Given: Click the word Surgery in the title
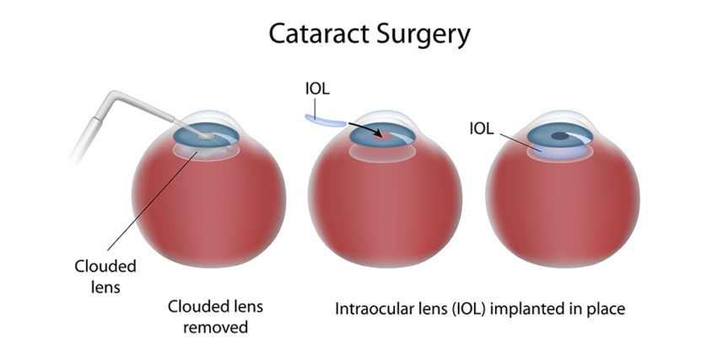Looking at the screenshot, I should (x=419, y=35).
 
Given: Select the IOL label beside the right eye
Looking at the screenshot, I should (x=482, y=128).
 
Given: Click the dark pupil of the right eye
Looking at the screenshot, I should (x=558, y=135).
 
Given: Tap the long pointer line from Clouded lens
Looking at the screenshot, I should (x=152, y=202).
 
